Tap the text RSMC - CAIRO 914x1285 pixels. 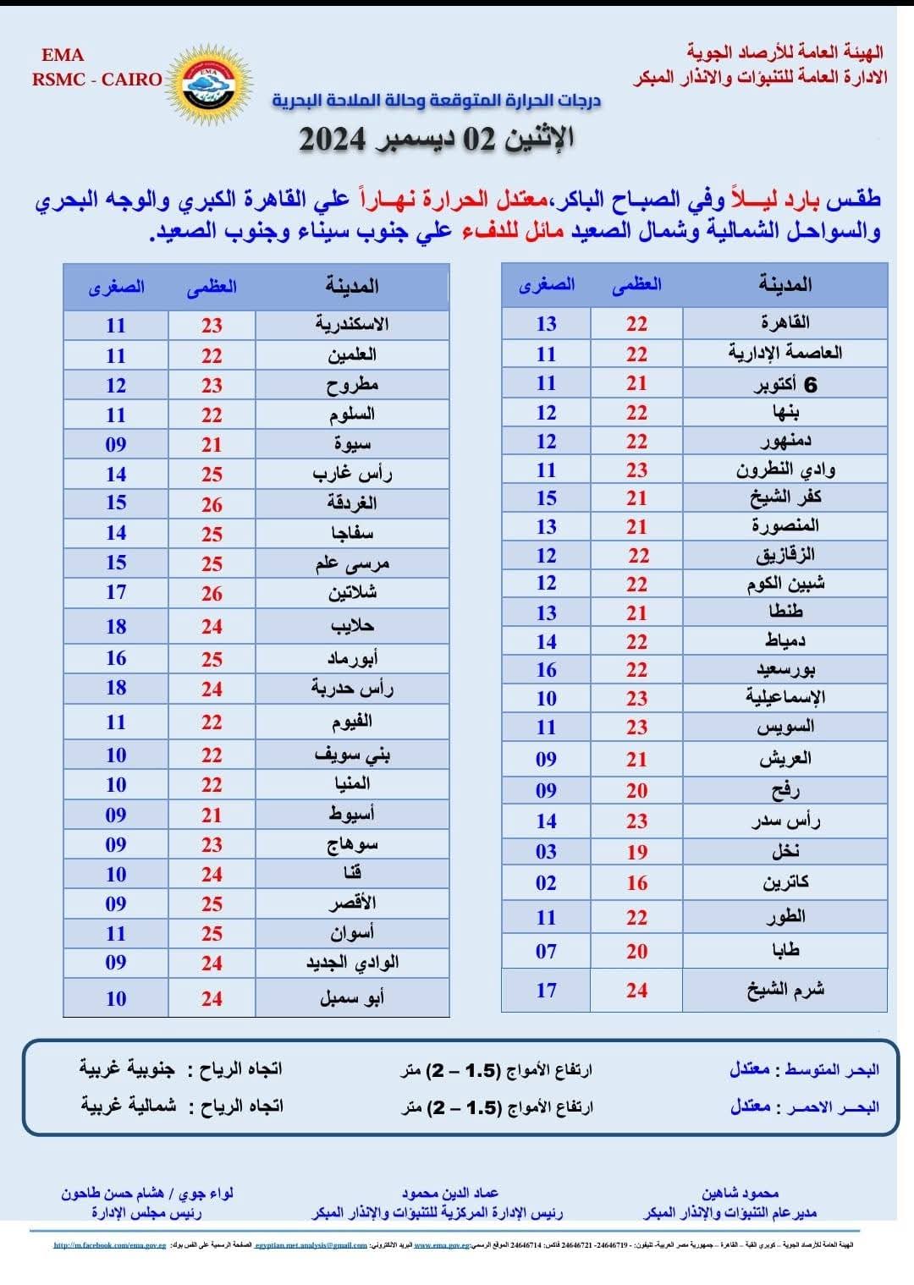(96, 80)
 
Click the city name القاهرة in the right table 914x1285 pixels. (785, 322)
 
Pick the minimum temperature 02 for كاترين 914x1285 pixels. (546, 883)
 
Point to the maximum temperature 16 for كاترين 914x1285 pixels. (636, 883)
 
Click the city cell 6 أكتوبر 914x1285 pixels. (785, 384)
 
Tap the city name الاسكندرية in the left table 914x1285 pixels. (352, 324)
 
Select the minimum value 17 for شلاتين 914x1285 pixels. (116, 592)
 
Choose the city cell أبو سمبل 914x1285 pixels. (352, 998)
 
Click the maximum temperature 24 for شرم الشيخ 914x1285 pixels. (636, 990)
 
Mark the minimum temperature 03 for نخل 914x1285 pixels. (546, 852)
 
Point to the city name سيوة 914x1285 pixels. (352, 444)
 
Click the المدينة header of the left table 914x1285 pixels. (352, 286)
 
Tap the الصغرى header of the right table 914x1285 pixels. (547, 284)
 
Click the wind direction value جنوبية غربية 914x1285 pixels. (127, 1069)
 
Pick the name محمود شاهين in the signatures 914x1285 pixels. (740, 1194)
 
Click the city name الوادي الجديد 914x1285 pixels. (352, 963)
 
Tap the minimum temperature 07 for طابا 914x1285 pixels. (546, 952)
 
